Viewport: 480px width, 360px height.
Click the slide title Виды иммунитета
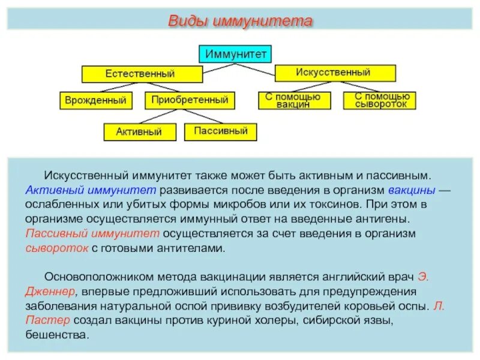239,22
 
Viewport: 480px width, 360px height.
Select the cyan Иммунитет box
236,53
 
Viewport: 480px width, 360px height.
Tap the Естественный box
142,74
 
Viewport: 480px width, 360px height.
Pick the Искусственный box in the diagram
335,73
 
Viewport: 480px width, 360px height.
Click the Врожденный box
97,100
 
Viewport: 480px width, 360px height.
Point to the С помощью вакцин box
294,100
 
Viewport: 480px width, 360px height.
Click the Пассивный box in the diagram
220,131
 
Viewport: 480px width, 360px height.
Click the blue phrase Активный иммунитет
92,191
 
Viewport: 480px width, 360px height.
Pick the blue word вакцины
411,191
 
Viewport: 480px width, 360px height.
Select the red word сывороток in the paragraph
58,248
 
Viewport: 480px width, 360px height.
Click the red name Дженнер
51,291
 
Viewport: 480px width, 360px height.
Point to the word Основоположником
98,277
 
